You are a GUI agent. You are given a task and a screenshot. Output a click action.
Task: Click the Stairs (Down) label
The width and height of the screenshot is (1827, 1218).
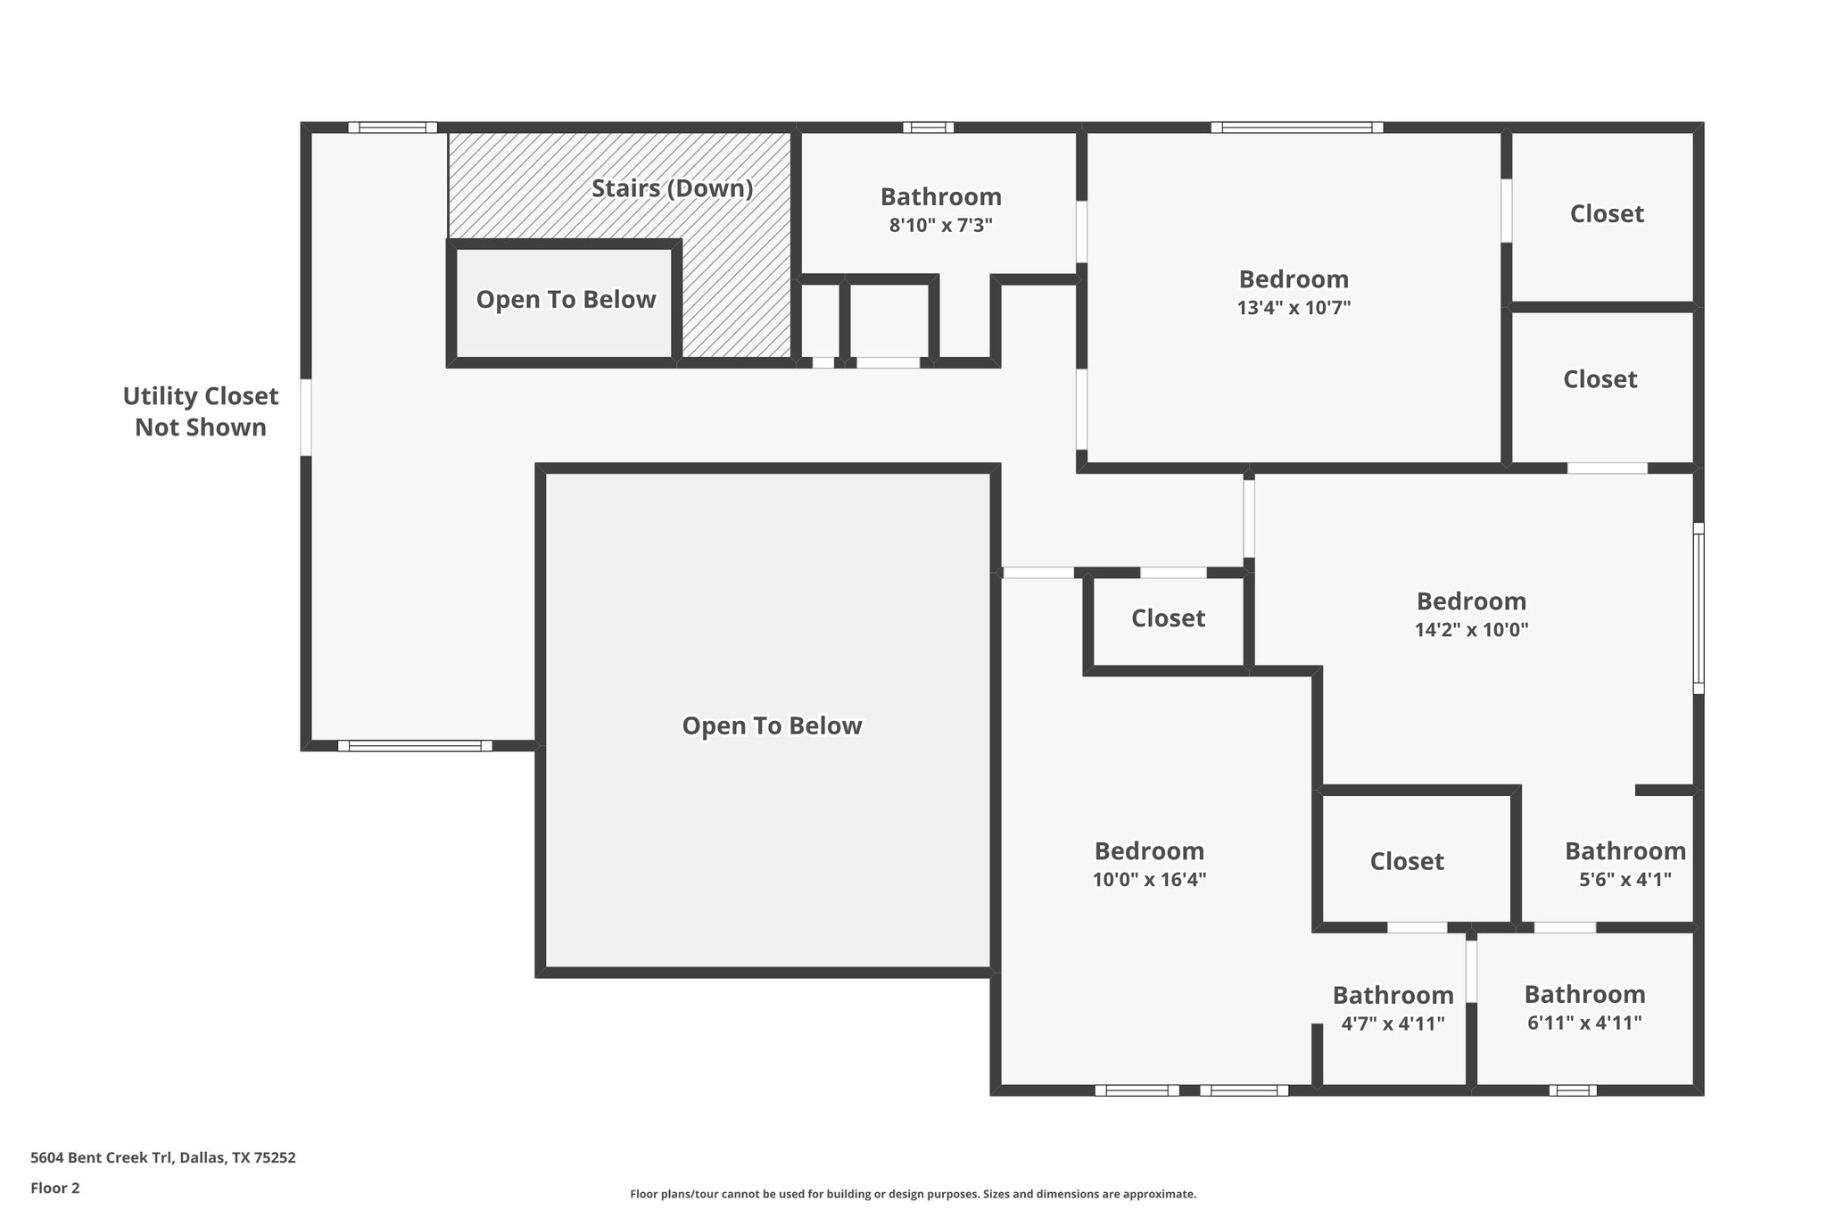pos(672,188)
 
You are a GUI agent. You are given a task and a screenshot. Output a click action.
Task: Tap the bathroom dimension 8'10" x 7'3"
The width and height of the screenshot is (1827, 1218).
pos(940,225)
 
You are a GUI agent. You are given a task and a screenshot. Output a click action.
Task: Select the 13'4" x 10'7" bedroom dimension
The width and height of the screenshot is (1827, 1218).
pos(1294,308)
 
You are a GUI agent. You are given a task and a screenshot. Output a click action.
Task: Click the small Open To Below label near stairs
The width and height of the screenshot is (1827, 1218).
pos(566,300)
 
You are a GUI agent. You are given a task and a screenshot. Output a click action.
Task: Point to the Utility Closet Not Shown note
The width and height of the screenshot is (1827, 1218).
pos(200,411)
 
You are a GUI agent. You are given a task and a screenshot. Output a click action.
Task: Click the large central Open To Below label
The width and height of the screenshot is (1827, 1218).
pos(772,725)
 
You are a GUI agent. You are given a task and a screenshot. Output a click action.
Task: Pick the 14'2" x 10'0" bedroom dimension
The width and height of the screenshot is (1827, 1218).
pos(1471,630)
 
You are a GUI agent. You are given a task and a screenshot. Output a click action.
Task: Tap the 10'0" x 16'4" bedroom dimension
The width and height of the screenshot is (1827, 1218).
pos(1149,880)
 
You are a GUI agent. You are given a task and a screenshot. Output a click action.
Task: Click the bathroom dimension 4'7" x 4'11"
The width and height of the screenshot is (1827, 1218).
pos(1393,1023)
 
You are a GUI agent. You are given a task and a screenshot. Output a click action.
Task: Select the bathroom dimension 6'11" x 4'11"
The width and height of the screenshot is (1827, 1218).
pos(1584,1023)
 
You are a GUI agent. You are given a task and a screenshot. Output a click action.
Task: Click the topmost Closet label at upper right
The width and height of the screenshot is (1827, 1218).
pos(1607,213)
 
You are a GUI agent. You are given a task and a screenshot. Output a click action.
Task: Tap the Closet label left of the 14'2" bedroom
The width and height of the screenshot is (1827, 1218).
pos(1168,618)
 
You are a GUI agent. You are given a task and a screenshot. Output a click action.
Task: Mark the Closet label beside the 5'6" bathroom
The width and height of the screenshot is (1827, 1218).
pos(1407,861)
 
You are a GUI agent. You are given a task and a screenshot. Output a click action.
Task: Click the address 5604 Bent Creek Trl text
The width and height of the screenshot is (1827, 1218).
pos(162,1157)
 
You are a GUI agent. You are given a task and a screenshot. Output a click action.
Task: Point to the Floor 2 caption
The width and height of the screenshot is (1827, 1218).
pos(54,1188)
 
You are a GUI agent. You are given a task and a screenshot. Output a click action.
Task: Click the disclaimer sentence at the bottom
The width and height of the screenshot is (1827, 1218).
pos(913,1194)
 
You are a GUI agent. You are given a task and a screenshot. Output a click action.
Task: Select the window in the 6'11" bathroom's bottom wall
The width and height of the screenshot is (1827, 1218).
pos(1572,1090)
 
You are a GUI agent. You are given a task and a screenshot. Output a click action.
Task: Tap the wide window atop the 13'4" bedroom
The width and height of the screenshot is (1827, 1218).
pos(1296,128)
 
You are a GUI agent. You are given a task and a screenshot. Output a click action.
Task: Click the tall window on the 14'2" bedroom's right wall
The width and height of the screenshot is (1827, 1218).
pos(1698,608)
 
